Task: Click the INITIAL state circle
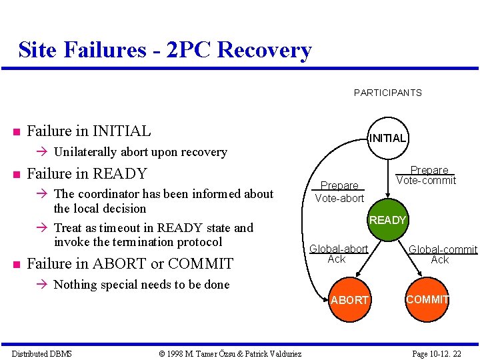387,139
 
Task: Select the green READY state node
387,220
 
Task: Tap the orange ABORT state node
350,300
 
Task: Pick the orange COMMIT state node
427,299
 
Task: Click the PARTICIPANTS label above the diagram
387,93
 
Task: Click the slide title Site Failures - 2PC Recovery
165,50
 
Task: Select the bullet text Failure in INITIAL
89,131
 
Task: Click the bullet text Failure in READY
87,174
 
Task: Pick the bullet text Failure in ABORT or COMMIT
130,263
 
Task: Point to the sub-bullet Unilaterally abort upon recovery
140,152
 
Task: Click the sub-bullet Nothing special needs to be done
141,285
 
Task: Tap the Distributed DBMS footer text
42,353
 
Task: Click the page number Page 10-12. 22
437,353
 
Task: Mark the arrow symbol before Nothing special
45,285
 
